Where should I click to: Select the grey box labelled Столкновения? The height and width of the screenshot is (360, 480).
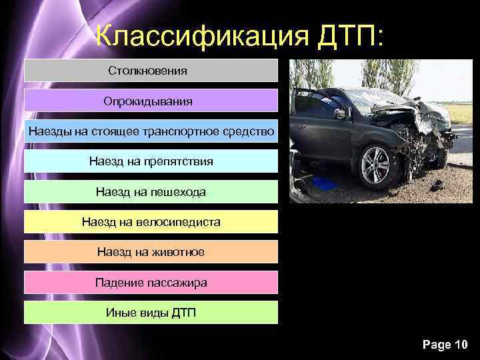151,70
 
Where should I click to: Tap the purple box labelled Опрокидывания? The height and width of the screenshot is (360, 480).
151,101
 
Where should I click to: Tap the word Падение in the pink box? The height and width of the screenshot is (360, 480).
119,283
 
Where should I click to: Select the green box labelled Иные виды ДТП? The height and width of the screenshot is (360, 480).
151,313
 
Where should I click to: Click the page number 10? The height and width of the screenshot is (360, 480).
461,344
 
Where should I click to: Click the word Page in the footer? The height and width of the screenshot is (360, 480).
435,344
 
